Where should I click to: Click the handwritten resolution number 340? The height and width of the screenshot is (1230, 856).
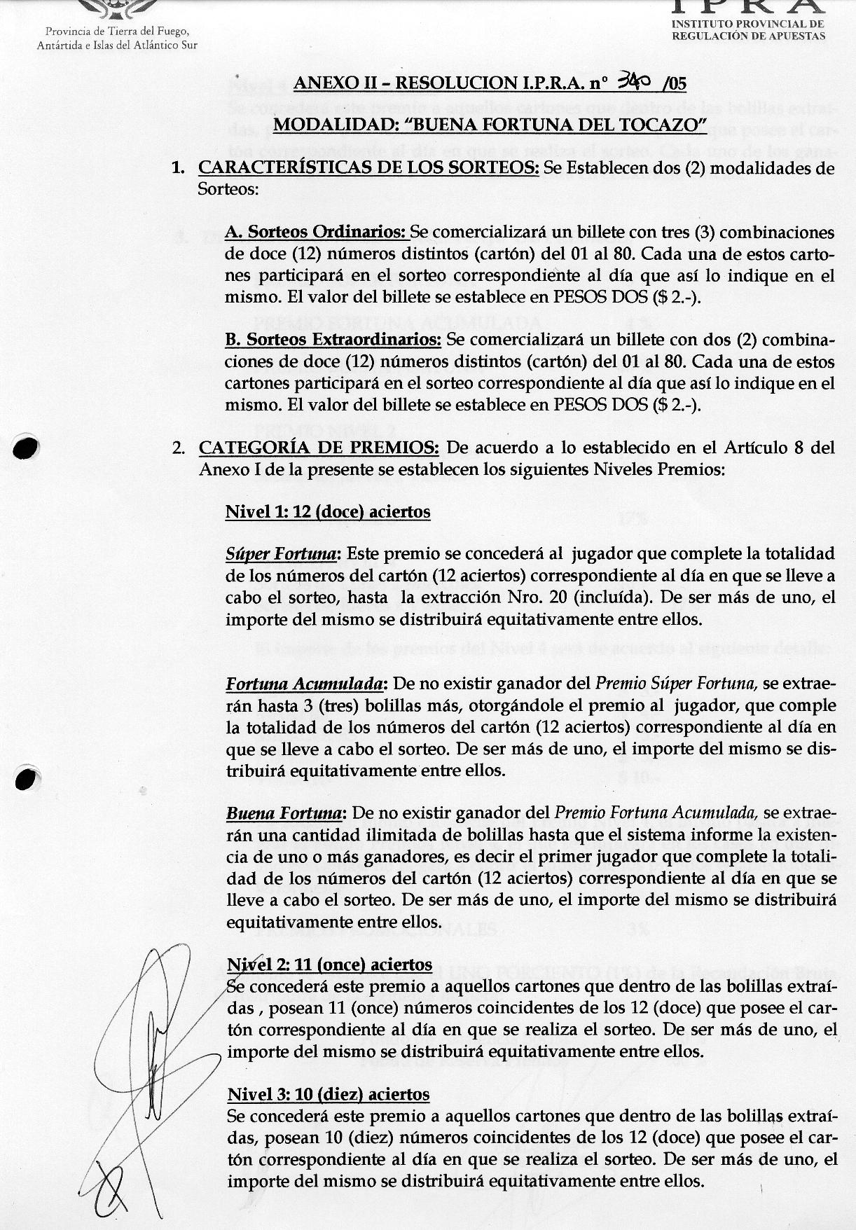(x=633, y=83)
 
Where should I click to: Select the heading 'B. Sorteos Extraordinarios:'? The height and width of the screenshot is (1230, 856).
(x=333, y=340)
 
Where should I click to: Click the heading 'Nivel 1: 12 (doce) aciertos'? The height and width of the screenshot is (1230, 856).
(x=327, y=512)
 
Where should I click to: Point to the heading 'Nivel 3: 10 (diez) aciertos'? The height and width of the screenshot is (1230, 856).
(x=329, y=1094)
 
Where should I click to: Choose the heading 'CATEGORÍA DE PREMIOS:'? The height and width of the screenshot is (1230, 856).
(x=319, y=448)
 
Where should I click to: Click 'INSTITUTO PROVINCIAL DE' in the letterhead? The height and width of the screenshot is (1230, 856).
(x=747, y=25)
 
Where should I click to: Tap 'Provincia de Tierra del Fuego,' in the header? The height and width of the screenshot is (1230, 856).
(x=117, y=32)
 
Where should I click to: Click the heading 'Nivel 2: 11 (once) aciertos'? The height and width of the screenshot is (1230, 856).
(x=329, y=965)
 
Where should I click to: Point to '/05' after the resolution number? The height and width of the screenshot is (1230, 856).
(x=673, y=84)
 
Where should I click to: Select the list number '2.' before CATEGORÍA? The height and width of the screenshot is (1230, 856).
(x=179, y=448)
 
